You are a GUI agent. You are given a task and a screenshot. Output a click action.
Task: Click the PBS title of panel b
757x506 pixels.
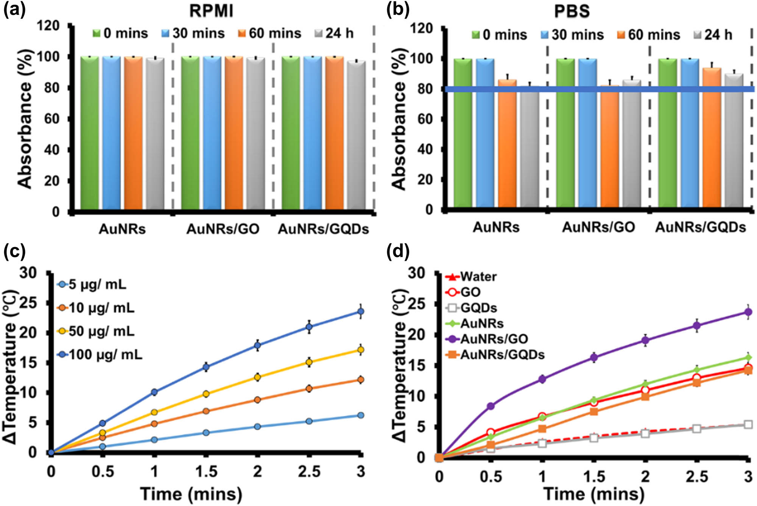click(x=572, y=11)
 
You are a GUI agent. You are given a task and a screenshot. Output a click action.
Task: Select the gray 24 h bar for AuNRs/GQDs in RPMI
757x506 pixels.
click(x=356, y=135)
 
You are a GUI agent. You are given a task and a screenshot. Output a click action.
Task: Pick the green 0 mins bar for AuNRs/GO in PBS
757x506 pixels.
click(x=565, y=133)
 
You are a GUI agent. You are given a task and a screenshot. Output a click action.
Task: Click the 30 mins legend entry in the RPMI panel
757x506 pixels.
click(x=193, y=33)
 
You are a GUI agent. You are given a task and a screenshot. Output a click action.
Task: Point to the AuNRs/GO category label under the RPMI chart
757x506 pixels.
click(x=223, y=229)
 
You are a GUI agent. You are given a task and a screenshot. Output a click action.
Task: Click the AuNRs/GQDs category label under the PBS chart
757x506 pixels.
click(x=700, y=227)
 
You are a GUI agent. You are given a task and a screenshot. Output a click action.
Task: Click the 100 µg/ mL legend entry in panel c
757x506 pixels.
click(x=100, y=355)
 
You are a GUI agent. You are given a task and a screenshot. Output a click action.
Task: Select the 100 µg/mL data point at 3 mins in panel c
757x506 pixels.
click(x=361, y=312)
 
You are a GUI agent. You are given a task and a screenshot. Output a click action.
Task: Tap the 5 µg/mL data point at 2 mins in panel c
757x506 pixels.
click(x=257, y=426)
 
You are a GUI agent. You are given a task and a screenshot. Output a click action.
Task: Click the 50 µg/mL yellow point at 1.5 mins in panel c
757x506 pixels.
click(x=206, y=394)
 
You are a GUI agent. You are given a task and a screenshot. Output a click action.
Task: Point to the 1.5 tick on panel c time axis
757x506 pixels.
click(x=206, y=472)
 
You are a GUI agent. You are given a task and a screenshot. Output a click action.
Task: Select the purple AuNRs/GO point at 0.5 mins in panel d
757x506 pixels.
click(x=491, y=406)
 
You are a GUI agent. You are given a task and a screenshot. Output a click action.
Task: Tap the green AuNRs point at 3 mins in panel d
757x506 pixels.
click(x=748, y=357)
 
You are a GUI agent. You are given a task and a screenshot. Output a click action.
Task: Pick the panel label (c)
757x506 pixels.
click(x=14, y=251)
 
